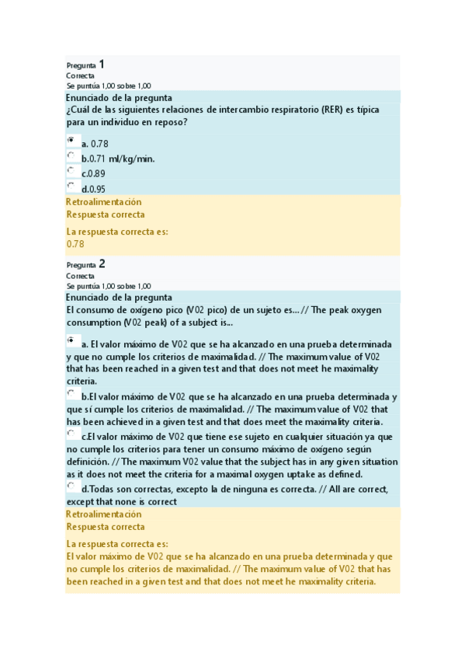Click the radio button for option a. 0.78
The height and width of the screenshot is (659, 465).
71,140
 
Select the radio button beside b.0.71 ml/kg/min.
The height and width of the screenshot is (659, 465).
71,155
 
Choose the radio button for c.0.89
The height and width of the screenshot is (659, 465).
71,169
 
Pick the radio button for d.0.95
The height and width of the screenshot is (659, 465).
71,184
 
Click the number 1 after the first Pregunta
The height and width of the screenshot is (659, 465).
102,65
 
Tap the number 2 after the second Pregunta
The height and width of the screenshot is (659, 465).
102,263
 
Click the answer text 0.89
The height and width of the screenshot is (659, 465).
98,174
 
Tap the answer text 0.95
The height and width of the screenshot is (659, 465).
98,189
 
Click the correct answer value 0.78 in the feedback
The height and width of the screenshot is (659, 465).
75,244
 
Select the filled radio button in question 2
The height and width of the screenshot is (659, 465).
71,339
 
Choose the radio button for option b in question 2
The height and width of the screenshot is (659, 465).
71,394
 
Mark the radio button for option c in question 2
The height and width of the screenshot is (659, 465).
71,432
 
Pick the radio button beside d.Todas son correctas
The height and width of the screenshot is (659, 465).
71,485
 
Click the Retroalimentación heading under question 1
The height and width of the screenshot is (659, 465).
104,203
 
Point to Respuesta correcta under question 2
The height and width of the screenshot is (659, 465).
106,527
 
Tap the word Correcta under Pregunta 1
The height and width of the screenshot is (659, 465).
80,76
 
